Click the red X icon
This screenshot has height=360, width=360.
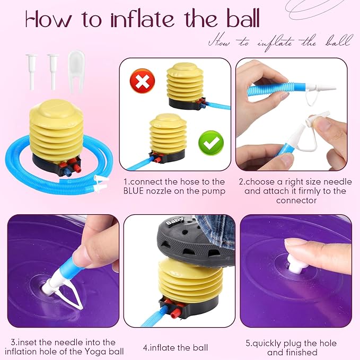tap(142, 81)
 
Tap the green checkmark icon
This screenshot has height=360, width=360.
tap(211, 143)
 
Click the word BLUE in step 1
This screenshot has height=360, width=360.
tap(134, 191)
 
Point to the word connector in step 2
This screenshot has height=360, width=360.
tap(296, 200)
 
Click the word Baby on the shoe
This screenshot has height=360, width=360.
tap(175, 221)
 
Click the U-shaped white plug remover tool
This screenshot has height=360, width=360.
tap(76, 71)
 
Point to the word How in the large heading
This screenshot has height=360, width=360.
tap(49, 19)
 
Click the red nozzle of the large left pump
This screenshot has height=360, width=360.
tap(77, 167)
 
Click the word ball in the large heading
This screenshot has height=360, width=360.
tap(243, 19)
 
